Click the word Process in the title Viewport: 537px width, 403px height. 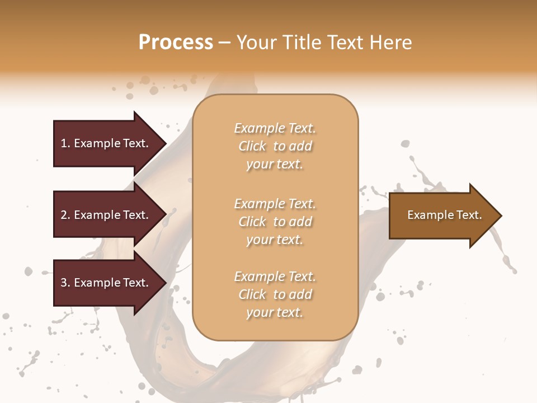pos(176,43)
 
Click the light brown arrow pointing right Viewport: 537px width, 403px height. pos(442,215)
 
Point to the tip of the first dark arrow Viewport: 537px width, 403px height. pos(165,143)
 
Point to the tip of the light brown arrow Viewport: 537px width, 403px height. pos(501,215)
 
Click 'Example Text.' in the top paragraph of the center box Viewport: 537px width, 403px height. pos(275,128)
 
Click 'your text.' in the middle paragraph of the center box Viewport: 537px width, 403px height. pos(275,240)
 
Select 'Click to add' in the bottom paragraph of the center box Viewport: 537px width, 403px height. pos(275,294)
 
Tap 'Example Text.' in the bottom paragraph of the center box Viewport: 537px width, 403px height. pos(275,277)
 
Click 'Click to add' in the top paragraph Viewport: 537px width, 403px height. pos(275,146)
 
